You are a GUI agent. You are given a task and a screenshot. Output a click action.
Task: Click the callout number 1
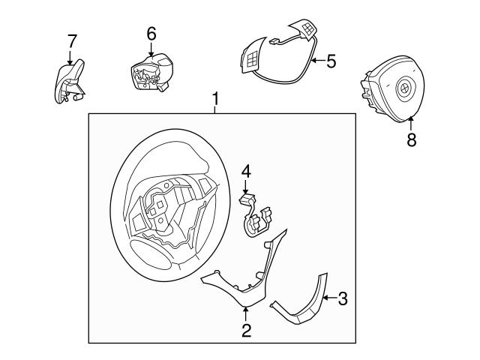pyautogui.click(x=216, y=98)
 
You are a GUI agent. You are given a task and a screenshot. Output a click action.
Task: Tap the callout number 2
pyautogui.click(x=245, y=329)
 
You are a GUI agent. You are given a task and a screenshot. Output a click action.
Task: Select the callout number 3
pyautogui.click(x=342, y=299)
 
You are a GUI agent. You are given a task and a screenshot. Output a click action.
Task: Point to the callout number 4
pyautogui.click(x=245, y=172)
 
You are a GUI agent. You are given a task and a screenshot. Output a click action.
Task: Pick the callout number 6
pyautogui.click(x=151, y=33)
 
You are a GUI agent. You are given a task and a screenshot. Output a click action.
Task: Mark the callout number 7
pyautogui.click(x=72, y=40)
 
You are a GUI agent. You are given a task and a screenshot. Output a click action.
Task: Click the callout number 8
pyautogui.click(x=411, y=140)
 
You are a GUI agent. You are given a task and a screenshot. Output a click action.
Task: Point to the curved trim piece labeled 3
pyautogui.click(x=304, y=307)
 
